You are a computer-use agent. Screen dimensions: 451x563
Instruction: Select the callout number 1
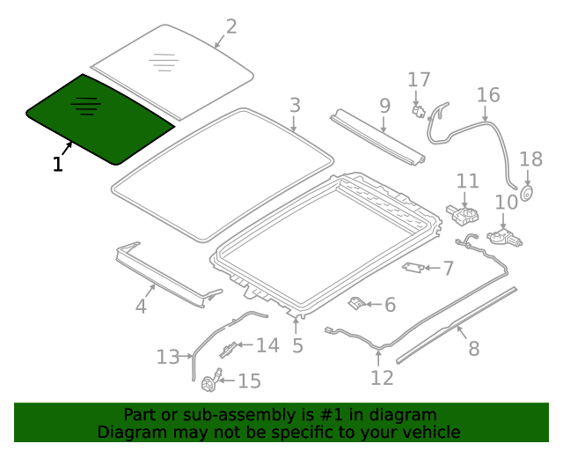[x=58, y=164]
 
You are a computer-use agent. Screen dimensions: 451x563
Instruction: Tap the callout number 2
[x=230, y=26]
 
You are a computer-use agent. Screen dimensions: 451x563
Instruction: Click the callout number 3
[x=295, y=106]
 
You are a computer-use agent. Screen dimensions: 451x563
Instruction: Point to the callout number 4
[x=141, y=307]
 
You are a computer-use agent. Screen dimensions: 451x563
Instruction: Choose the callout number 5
[x=297, y=346]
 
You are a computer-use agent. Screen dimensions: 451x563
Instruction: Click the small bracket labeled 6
[x=358, y=303]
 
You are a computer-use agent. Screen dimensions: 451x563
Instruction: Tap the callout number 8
[x=473, y=349]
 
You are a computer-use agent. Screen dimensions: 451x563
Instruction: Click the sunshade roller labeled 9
[x=378, y=137]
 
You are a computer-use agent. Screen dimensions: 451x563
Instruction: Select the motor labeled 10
[x=501, y=236]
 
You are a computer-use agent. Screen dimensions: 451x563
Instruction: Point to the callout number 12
[x=382, y=378]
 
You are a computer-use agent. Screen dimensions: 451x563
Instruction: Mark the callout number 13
[x=168, y=357]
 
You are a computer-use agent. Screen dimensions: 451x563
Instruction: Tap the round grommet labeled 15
[x=210, y=382]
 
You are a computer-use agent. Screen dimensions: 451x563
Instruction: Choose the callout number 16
[x=487, y=95]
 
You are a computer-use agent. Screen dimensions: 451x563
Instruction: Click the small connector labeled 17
[x=419, y=110]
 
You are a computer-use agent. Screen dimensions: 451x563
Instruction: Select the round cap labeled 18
[x=528, y=194]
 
